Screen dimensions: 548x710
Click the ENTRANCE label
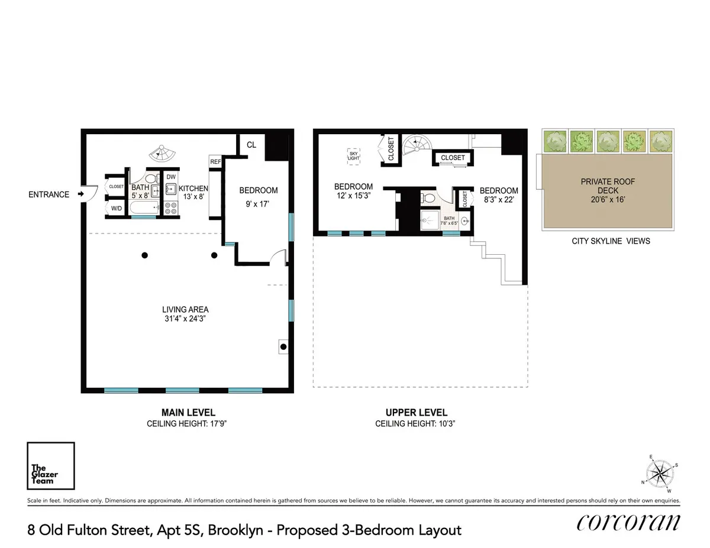click(x=49, y=194)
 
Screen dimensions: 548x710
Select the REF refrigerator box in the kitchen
click(x=215, y=161)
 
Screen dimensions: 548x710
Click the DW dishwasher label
click(x=171, y=177)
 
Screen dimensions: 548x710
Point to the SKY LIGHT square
click(x=353, y=155)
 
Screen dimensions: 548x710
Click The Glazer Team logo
click(x=51, y=466)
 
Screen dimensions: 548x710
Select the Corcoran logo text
click(x=628, y=523)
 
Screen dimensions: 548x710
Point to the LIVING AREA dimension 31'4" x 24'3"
click(x=185, y=319)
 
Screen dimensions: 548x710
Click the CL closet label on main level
click(x=251, y=144)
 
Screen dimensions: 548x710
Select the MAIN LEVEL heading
click(x=188, y=413)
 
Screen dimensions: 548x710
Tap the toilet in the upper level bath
click(x=429, y=197)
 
